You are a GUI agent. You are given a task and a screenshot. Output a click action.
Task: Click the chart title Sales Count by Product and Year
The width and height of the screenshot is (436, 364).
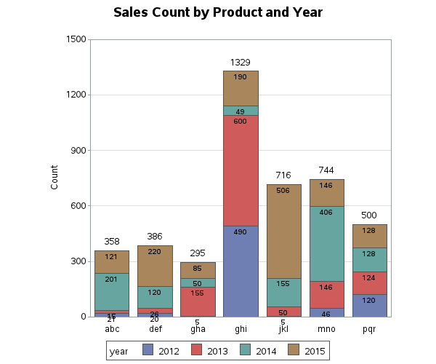coord(218,13)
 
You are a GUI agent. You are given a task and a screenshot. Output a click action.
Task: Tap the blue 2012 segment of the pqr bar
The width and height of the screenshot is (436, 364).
coord(369,306)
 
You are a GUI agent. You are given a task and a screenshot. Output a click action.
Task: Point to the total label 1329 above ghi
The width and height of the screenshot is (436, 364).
coord(241,63)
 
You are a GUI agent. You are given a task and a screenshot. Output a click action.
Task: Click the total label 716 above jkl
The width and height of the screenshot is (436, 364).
coord(283,176)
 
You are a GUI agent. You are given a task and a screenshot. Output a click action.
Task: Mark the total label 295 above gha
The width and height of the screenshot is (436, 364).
coord(198,253)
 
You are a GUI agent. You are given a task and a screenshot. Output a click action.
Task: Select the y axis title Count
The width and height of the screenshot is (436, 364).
coord(54,178)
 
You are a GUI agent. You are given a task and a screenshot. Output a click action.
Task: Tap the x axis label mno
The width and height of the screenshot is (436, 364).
coord(326,329)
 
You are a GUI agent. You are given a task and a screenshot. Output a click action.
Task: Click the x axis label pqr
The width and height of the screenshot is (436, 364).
coord(369,329)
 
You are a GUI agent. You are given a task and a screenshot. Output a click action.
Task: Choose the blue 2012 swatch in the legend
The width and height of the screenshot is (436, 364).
coord(148,351)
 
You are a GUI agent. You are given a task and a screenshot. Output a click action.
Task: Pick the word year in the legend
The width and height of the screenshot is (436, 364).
coord(118,351)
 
